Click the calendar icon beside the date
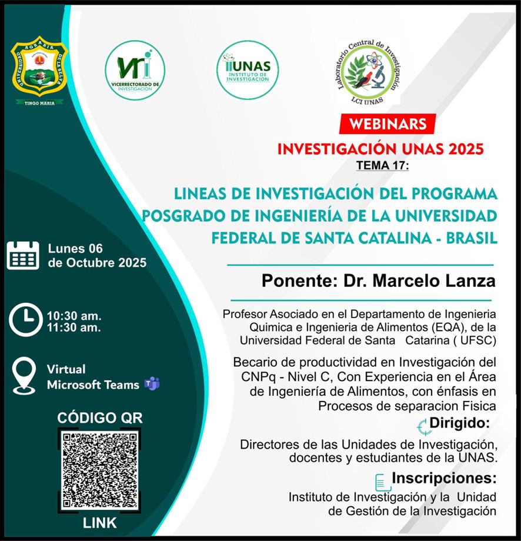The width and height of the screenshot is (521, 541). [23, 255]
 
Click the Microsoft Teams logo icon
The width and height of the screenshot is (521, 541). [152, 385]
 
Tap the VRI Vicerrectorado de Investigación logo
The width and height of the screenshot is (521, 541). [135, 71]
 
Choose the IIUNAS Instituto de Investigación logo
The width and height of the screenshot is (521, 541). [248, 71]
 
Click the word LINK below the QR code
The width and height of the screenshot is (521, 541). [99, 522]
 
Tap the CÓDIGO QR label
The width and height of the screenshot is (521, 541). [99, 418]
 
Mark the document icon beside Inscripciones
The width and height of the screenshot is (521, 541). [382, 481]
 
